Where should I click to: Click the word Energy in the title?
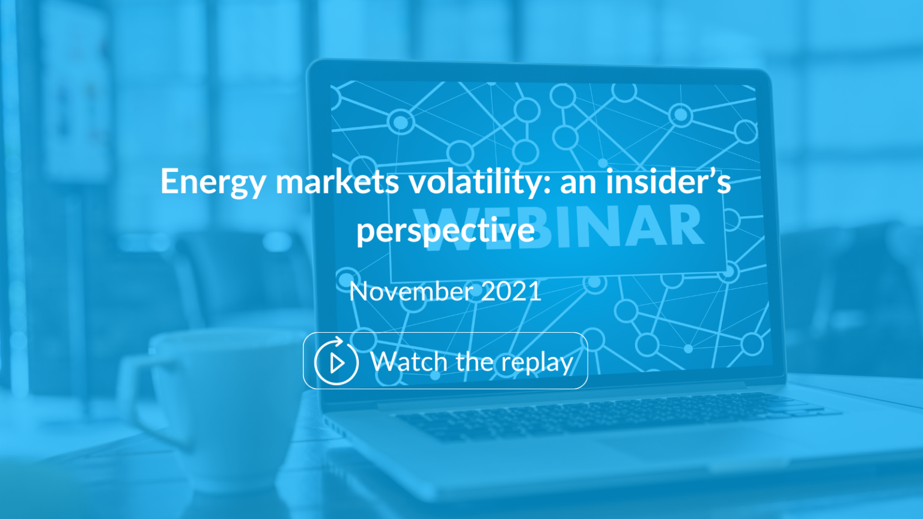(x=213, y=182)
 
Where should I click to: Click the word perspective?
(x=445, y=230)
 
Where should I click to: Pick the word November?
(x=411, y=291)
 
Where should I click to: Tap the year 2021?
(x=511, y=291)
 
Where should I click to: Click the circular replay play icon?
(x=336, y=361)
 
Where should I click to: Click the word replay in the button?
(x=537, y=363)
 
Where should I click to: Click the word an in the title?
(x=578, y=182)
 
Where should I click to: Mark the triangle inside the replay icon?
(x=337, y=363)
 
